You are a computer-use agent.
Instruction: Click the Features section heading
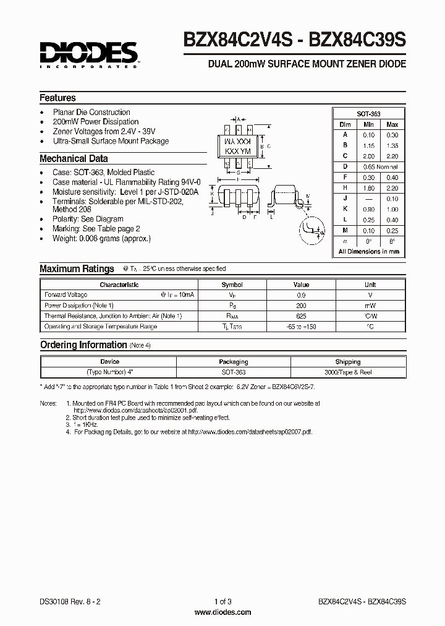click(57, 98)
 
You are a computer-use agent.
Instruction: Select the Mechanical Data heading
click(74, 158)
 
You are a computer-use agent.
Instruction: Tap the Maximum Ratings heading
click(77, 268)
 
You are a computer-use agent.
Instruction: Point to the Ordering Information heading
click(83, 345)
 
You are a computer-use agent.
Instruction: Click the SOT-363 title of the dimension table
click(368, 114)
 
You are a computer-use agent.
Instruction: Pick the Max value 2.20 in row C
click(391, 156)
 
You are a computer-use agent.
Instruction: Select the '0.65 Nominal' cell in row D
click(380, 167)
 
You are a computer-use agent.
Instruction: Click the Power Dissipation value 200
click(301, 306)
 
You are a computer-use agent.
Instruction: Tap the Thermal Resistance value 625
click(301, 316)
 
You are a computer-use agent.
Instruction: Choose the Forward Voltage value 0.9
click(301, 295)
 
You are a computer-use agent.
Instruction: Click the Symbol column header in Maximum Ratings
click(232, 285)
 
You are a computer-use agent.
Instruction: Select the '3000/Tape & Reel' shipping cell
click(348, 372)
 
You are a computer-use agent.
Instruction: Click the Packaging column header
click(234, 362)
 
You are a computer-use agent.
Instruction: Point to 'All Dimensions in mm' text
click(368, 252)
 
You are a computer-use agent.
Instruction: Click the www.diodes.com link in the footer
click(222, 612)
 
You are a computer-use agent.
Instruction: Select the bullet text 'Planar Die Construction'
click(91, 112)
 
